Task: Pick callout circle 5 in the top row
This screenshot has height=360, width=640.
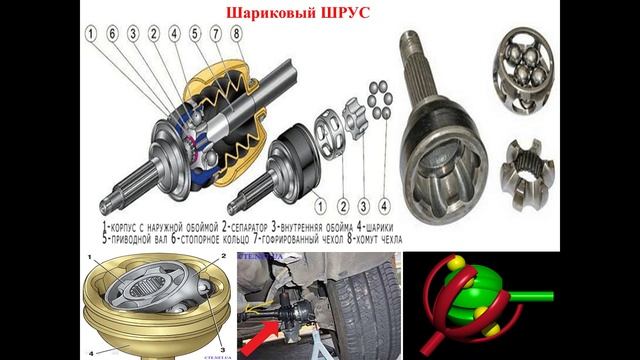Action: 195,34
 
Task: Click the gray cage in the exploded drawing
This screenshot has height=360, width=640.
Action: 329,135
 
